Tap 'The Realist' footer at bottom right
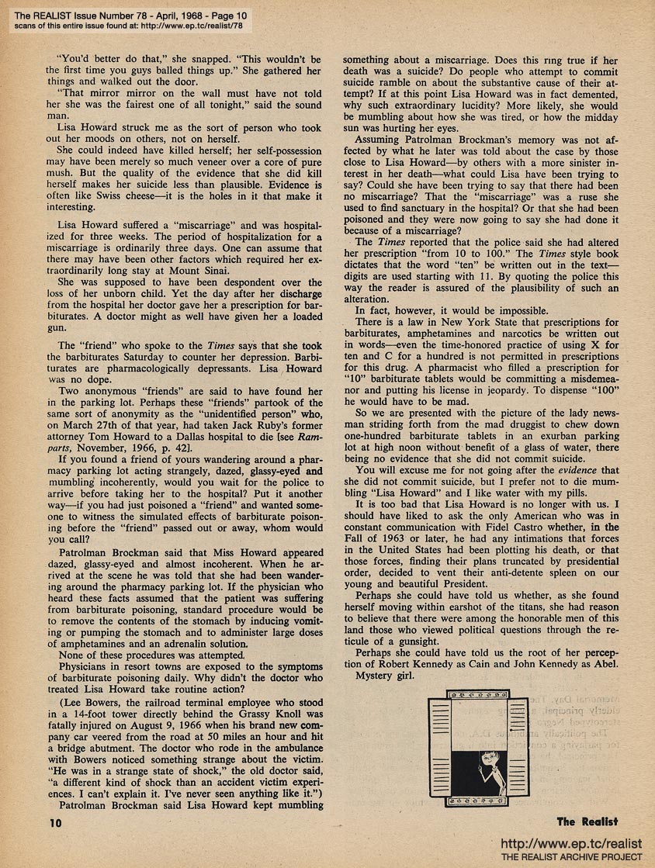(587, 821)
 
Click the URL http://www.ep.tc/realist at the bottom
(572, 844)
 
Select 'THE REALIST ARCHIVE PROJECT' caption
(572, 857)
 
